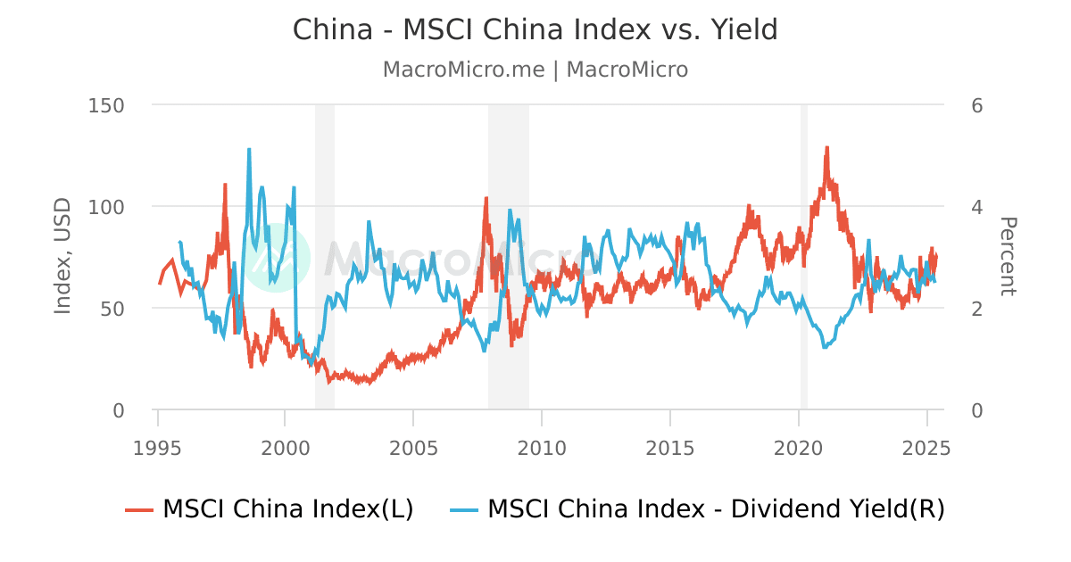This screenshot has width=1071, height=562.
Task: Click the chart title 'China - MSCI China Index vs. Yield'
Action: point(535,29)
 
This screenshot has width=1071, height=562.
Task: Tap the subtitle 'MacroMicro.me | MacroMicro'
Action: point(535,70)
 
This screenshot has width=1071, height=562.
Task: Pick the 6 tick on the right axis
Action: point(976,105)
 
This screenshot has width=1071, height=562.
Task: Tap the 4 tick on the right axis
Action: point(976,207)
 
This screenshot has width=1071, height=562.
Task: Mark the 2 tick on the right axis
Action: point(976,309)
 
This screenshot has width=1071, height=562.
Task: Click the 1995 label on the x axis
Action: point(158,446)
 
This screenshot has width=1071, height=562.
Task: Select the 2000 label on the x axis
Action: point(286,446)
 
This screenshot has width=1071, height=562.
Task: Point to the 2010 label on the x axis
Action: point(542,446)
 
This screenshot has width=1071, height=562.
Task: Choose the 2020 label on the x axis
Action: point(799,446)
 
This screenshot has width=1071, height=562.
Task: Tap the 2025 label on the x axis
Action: point(926,446)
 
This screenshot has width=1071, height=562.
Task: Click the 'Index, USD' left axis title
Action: point(62,256)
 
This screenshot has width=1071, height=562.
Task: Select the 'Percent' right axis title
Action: point(1008,256)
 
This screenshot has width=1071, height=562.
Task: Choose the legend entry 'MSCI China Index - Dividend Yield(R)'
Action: point(715,509)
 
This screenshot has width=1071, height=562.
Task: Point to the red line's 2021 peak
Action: point(827,147)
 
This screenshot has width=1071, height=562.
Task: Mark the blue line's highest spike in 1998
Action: point(249,149)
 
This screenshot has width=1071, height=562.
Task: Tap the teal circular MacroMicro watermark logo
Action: point(277,259)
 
